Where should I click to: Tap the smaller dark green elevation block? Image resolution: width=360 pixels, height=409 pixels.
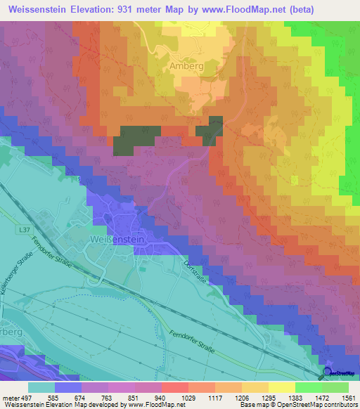click(210, 129)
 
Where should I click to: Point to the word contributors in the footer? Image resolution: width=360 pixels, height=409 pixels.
click(340, 404)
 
